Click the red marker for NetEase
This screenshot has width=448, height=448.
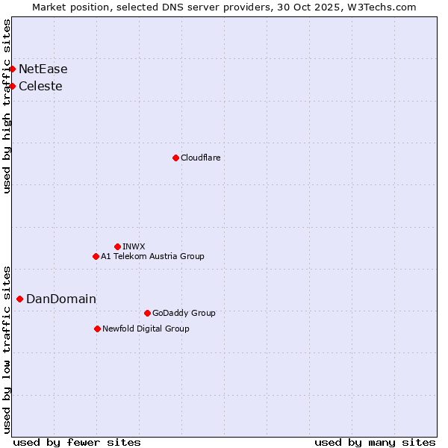[x=12, y=69]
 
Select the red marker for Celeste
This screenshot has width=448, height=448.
[x=12, y=86]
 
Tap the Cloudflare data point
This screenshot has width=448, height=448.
[x=175, y=158]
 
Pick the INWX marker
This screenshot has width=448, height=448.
[x=117, y=246]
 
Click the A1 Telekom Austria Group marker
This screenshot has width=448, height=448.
[x=96, y=256]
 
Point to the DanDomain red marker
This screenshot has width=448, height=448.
[x=19, y=299]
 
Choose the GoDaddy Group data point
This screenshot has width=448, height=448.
[x=147, y=313]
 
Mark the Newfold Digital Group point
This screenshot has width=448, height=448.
[x=97, y=329]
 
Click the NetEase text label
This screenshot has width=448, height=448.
[x=43, y=69]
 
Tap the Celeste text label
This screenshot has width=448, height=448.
[x=40, y=87]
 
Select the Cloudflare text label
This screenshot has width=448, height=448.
[x=200, y=158]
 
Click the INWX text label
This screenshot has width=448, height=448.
[x=134, y=247]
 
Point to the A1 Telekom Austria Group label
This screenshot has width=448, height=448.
[x=152, y=257]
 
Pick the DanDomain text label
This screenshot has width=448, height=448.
[x=61, y=299]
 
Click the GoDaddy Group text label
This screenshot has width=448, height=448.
[x=183, y=314]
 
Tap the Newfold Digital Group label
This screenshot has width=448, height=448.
[x=146, y=329]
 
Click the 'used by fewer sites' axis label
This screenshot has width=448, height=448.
[x=77, y=442]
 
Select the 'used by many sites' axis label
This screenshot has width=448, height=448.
[x=375, y=442]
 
